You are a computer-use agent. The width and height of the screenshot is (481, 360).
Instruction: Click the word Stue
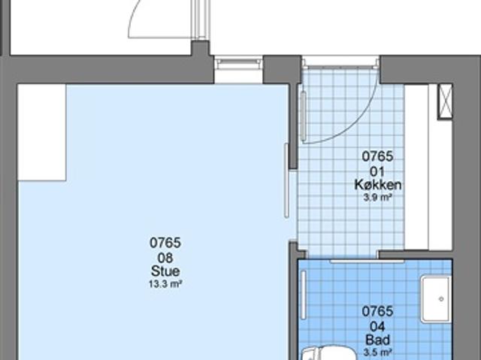[165, 271]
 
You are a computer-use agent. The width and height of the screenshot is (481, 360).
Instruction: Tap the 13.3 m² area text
[165, 284]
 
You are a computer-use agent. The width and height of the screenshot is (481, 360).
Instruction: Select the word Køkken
[378, 185]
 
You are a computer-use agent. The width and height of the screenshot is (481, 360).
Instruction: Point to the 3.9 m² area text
[378, 197]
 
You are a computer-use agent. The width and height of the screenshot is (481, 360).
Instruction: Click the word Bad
[378, 339]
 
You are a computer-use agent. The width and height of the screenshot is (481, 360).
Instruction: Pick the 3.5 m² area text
[378, 351]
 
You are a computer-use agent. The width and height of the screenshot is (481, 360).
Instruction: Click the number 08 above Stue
[165, 257]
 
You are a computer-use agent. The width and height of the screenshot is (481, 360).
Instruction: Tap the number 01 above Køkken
[378, 171]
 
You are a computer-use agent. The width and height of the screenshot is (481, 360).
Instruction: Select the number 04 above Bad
[378, 325]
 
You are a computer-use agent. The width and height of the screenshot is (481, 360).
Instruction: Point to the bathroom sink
[435, 298]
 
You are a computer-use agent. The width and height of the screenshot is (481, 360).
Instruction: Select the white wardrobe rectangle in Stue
[41, 132]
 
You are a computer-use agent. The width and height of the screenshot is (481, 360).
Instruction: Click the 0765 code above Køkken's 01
[378, 157]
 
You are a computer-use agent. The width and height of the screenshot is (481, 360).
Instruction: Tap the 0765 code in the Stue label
[165, 243]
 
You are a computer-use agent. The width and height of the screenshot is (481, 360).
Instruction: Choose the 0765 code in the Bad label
[378, 311]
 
